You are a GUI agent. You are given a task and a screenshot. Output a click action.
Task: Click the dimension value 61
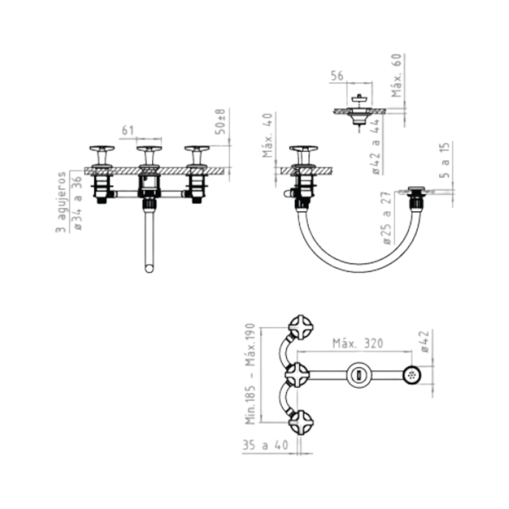click(x=128, y=130)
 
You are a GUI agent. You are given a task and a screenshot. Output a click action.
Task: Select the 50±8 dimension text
click(x=220, y=122)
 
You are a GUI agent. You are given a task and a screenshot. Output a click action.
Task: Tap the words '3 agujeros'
click(x=60, y=202)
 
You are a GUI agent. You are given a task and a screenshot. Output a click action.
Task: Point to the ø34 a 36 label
click(x=78, y=203)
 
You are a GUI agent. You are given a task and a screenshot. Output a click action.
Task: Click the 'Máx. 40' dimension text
click(x=268, y=136)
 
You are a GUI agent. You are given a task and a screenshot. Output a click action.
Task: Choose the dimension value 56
click(x=337, y=76)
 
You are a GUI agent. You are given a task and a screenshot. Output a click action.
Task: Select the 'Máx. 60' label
click(x=396, y=75)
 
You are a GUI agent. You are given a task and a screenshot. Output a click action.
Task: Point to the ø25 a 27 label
click(x=387, y=218)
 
